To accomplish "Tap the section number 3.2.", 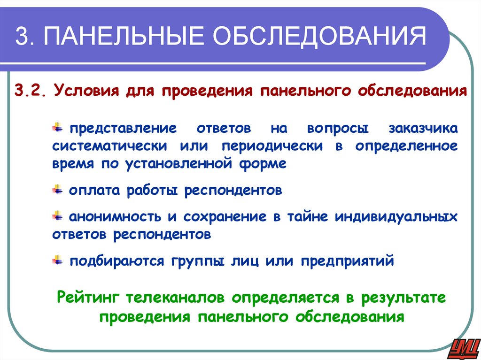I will point(30,90).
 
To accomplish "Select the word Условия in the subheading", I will point(85,90).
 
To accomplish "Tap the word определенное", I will point(406,146).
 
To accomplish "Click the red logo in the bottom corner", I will point(462,347).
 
